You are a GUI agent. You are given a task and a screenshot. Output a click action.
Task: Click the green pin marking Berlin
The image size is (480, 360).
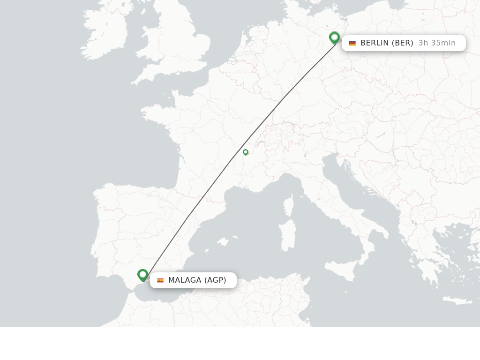pyautogui.click(x=334, y=37)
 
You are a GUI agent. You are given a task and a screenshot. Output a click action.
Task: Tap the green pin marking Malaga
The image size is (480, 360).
pyautogui.click(x=143, y=275)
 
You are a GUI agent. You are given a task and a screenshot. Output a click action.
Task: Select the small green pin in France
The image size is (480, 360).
pyautogui.click(x=245, y=152)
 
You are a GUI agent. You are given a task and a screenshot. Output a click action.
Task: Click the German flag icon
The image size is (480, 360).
pyautogui.click(x=352, y=43)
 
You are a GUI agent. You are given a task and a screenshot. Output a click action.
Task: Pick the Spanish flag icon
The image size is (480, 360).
pyautogui.click(x=160, y=280)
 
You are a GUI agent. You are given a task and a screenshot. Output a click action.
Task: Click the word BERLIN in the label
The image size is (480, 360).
pyautogui.click(x=375, y=43)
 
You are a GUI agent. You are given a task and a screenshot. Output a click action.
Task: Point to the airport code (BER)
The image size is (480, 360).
pyautogui.click(x=403, y=43)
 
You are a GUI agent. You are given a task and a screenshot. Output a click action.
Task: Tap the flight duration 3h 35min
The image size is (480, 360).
pyautogui.click(x=437, y=43)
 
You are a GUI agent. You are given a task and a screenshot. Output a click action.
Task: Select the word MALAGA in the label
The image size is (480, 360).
pyautogui.click(x=185, y=280)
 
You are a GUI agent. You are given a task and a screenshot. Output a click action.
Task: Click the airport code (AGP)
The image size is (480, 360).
pyautogui.click(x=215, y=280)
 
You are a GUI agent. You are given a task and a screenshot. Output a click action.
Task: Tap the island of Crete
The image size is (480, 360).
pyautogui.click(x=457, y=300)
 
